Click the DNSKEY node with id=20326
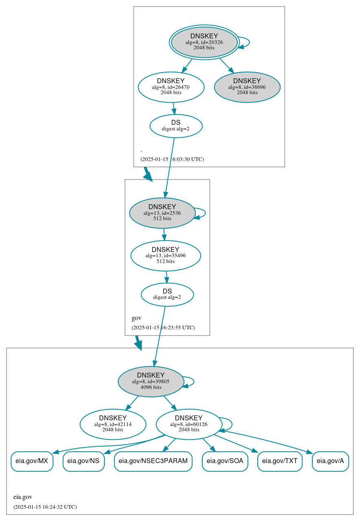point(204,42)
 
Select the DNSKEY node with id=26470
point(171,87)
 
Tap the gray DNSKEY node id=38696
point(247,87)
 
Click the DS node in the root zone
point(176,126)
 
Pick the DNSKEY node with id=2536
point(162,213)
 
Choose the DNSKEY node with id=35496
point(166,256)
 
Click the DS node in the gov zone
point(167,294)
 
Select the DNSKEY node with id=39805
point(151,382)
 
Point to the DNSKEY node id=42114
point(113,424)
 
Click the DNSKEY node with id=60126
point(189,424)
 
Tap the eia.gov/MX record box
point(32,461)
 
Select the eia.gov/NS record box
point(84,461)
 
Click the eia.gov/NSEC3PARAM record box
point(153,461)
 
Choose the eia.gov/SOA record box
point(225,461)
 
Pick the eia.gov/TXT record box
point(280,461)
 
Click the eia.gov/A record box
point(330,461)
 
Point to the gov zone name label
point(137,318)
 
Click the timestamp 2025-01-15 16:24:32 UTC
point(45,507)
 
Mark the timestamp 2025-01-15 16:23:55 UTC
point(163,328)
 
